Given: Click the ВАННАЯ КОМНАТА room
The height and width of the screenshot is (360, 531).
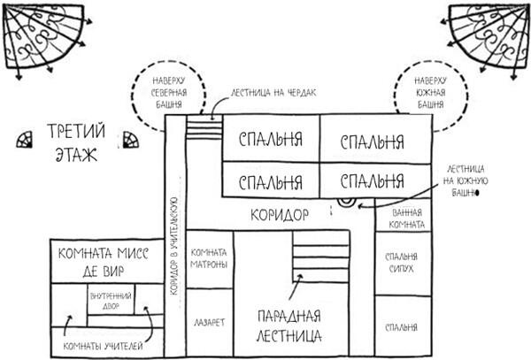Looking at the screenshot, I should click(405, 218).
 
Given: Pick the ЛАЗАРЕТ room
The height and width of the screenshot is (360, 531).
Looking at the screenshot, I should click(209, 324).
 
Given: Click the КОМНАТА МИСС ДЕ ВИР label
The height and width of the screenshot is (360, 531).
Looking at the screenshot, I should click(103, 263).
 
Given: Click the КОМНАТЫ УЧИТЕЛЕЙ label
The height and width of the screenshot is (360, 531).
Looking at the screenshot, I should click(103, 346).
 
